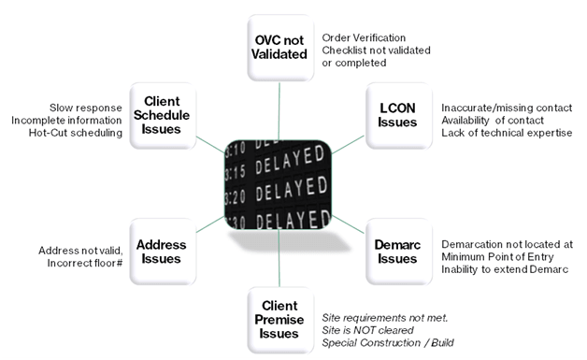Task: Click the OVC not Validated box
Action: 280,48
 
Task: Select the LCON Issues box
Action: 399,116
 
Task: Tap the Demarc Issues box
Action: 399,252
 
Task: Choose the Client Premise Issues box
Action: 280,320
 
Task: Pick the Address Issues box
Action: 163,252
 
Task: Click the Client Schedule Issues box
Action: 163,116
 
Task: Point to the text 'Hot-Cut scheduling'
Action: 76,133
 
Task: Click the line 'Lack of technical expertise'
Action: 507,133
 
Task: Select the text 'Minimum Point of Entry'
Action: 497,257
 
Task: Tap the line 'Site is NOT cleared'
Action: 367,330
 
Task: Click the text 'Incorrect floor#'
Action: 85,263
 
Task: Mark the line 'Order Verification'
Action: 364,37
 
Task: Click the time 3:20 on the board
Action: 236,196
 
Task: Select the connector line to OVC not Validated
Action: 279,111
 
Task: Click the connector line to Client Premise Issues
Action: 279,258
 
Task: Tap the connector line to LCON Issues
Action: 348,145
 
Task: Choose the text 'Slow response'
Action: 86,108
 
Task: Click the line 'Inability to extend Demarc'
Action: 505,269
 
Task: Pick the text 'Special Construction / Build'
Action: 388,343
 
